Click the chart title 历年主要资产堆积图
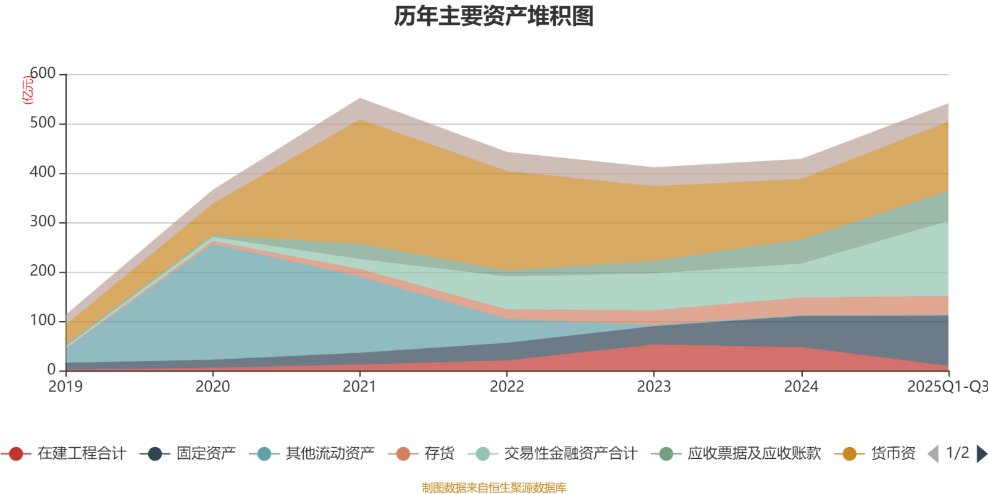494,17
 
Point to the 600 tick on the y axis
43,73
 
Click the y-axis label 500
43,123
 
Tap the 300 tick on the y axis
43,222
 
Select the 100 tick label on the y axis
43,320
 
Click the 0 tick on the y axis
51,370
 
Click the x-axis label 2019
65,387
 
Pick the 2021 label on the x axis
359,387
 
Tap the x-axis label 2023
654,387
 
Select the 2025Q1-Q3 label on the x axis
947,387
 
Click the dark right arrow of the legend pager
981,454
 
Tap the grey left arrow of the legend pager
933,454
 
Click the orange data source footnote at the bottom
494,488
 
